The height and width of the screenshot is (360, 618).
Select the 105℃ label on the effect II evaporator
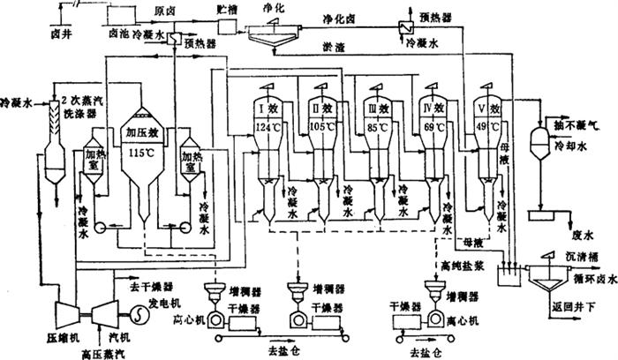[322, 127]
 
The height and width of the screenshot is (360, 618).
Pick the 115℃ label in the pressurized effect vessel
[141, 152]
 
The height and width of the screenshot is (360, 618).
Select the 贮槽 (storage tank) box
[230, 26]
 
